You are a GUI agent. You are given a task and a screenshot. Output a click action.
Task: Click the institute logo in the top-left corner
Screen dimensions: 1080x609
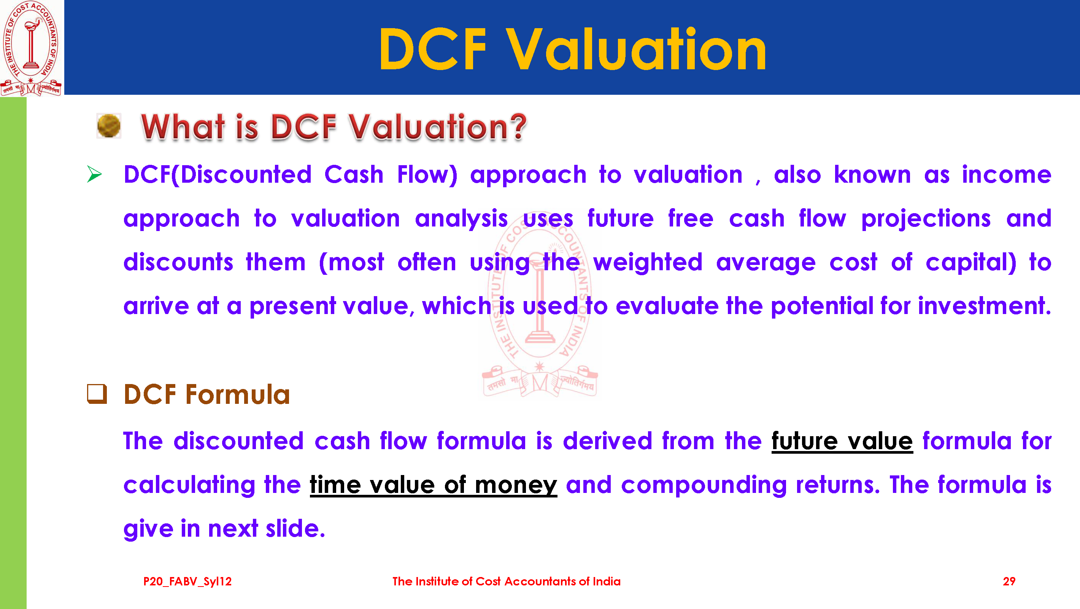point(32,48)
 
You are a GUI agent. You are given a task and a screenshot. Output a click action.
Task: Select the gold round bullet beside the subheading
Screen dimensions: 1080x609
point(109,126)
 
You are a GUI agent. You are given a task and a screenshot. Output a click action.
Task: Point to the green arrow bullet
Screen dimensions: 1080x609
point(94,174)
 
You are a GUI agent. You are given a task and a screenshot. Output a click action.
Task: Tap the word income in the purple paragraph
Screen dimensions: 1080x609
point(1007,175)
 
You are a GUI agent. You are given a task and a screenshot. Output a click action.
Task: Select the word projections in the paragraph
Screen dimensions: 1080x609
point(926,219)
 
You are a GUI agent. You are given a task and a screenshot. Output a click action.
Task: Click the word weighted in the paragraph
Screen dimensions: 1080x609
point(648,263)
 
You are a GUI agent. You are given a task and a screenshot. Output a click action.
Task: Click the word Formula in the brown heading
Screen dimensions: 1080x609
point(238,395)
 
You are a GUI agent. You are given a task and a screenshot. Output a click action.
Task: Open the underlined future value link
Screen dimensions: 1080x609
point(842,441)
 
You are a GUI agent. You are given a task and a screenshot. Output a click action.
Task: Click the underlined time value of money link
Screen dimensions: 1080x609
point(434,485)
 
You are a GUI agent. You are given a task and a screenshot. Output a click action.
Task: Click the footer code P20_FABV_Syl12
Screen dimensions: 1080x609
point(187,581)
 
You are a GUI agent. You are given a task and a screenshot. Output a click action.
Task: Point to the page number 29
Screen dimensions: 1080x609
point(1009,581)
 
